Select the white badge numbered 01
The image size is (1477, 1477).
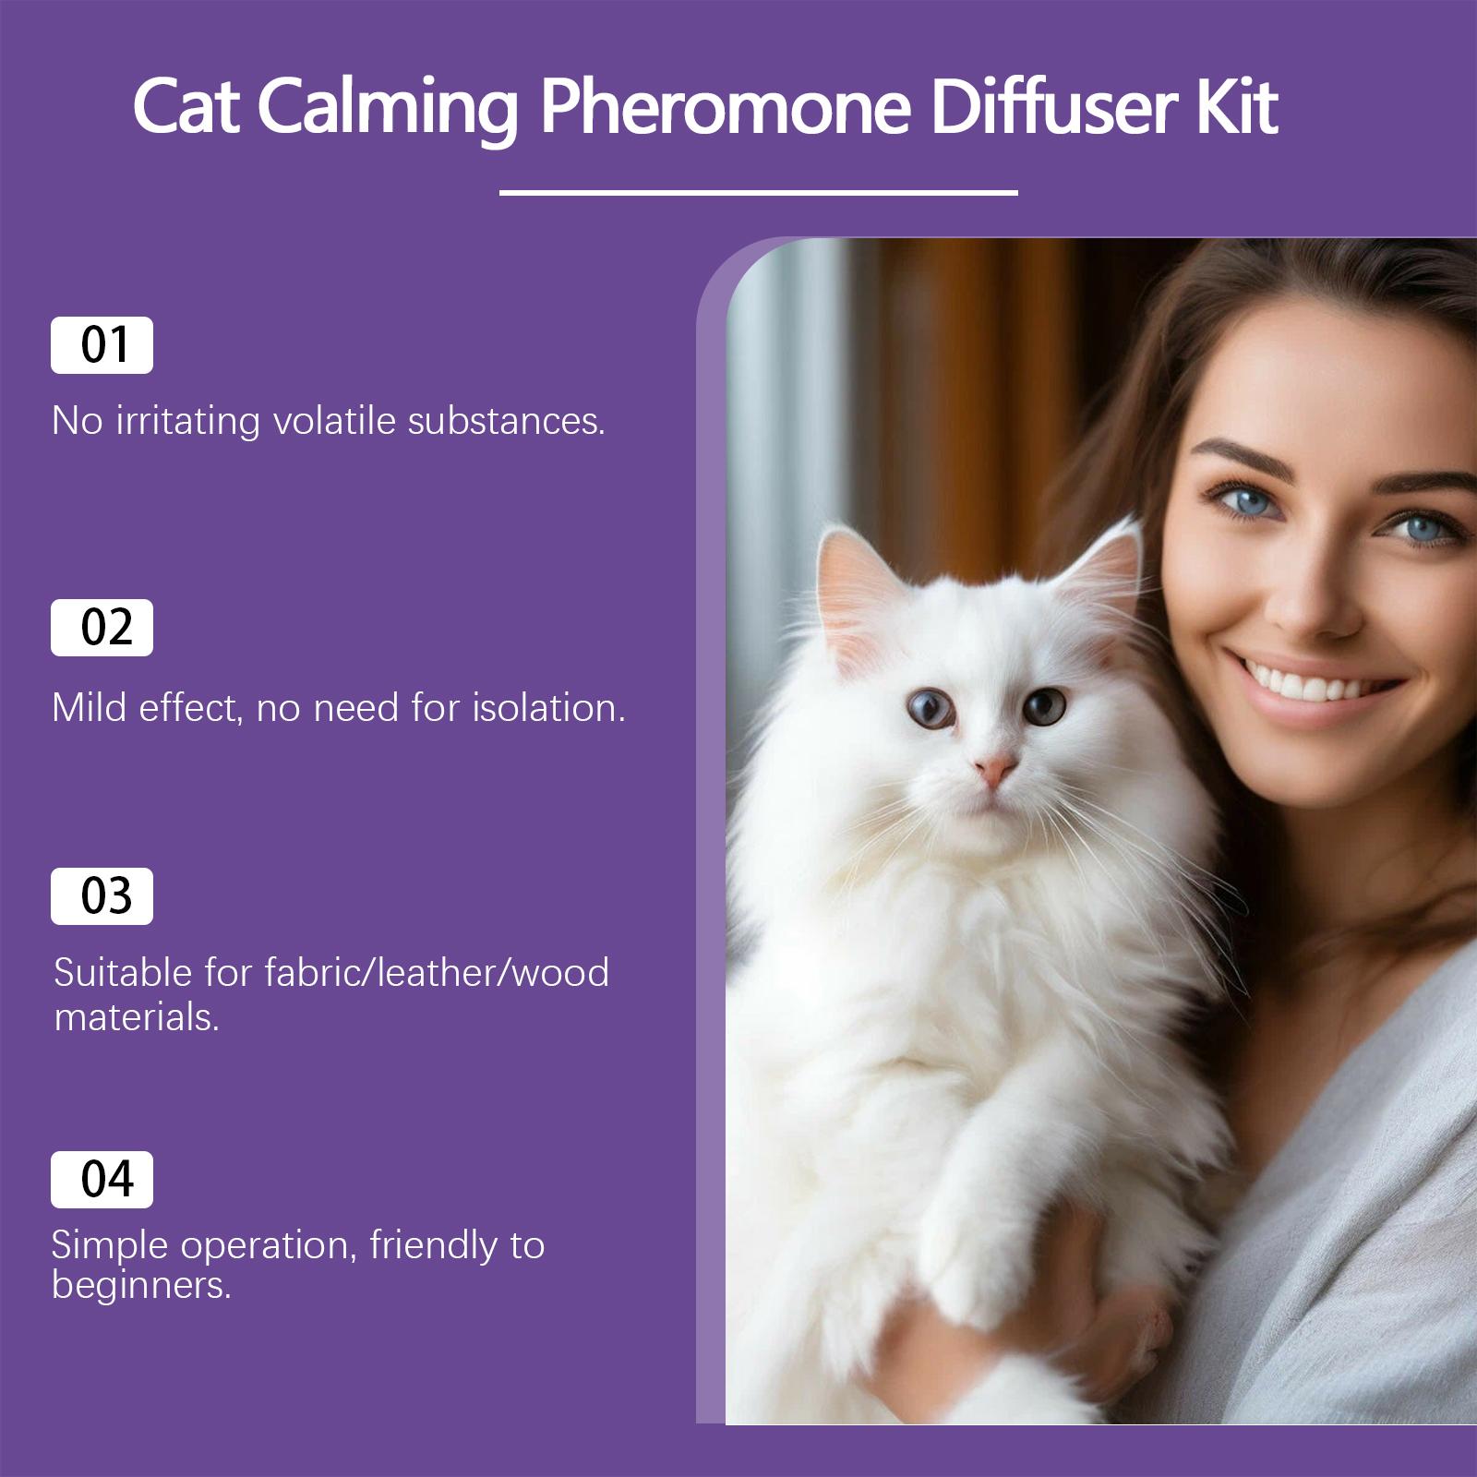click(102, 345)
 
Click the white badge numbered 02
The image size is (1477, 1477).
click(102, 628)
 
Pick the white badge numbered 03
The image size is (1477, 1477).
click(102, 896)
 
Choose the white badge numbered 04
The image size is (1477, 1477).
click(102, 1180)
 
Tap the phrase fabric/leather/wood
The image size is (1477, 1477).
click(437, 972)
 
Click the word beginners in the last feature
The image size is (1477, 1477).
click(140, 1285)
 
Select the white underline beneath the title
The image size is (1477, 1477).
click(758, 193)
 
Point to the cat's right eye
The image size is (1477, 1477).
click(1046, 706)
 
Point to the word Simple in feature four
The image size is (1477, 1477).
click(111, 1246)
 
